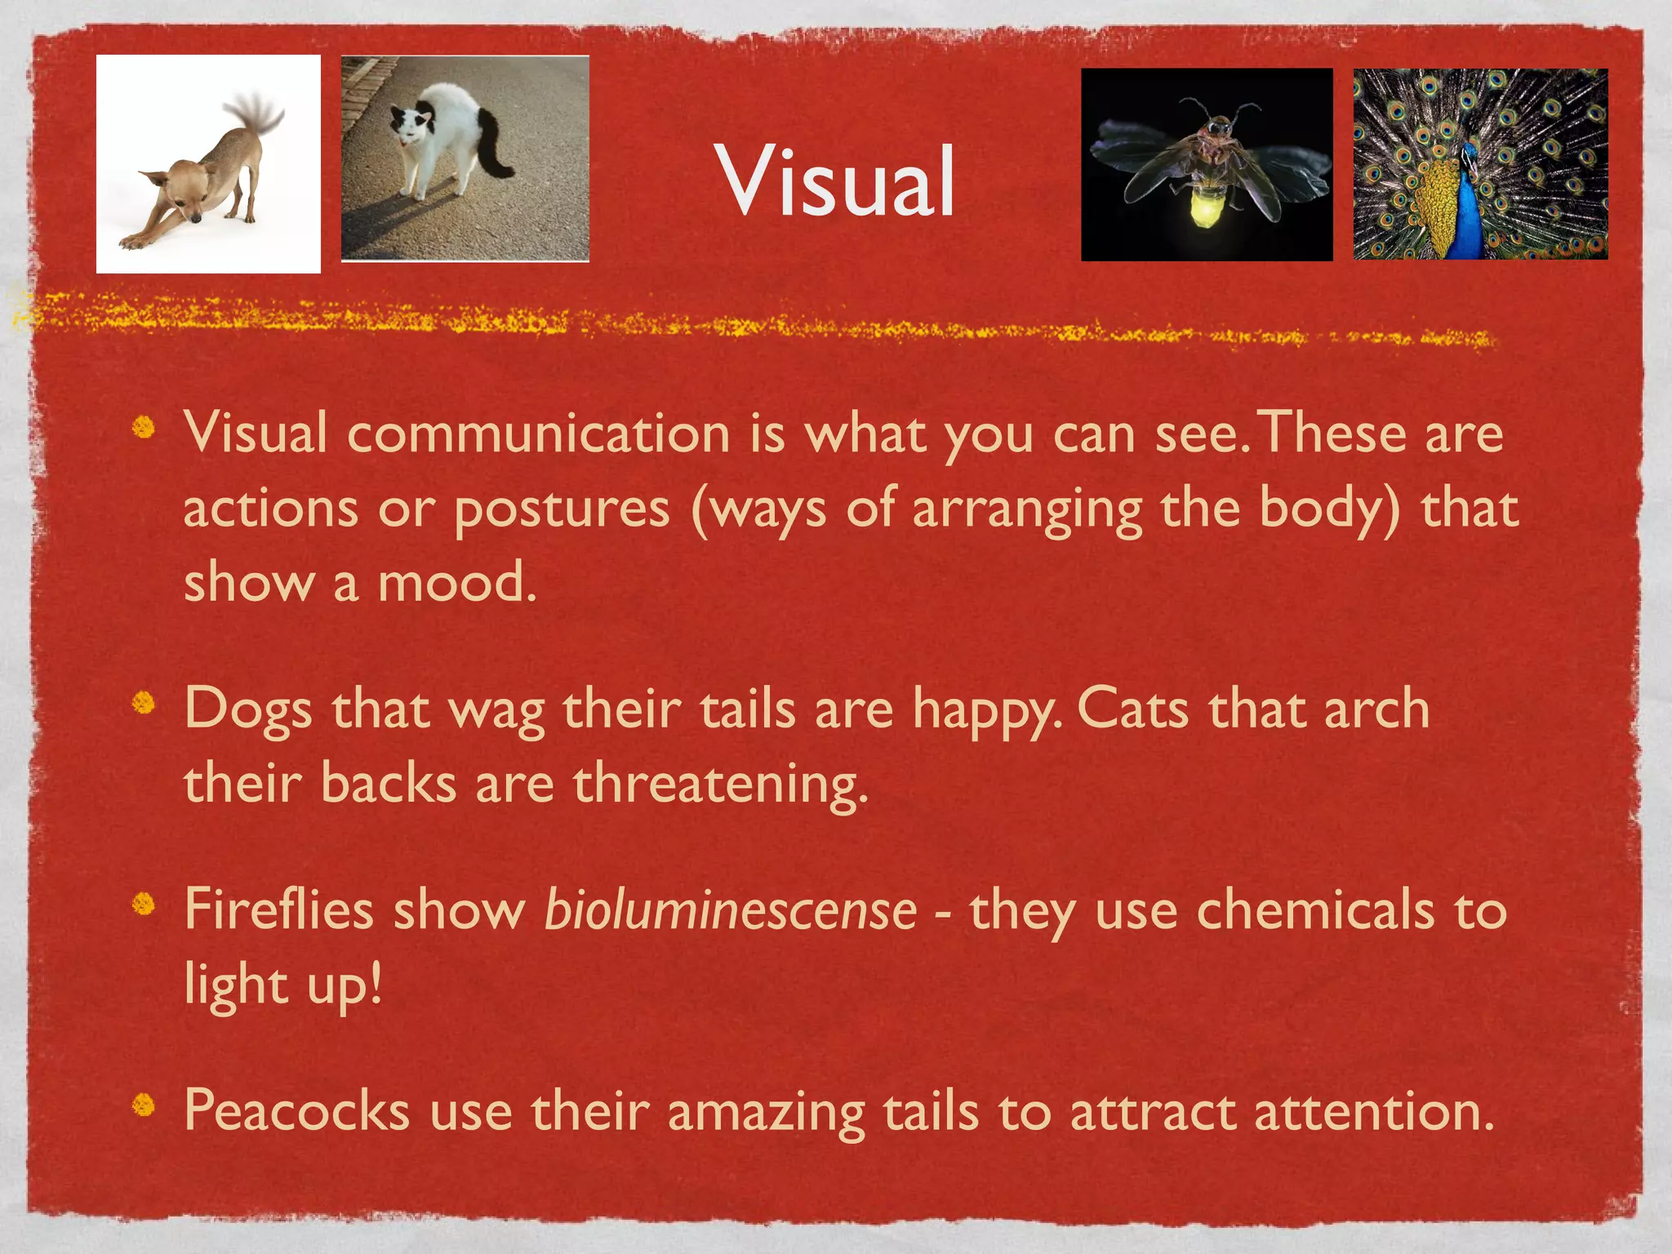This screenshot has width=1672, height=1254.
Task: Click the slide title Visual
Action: coord(836,181)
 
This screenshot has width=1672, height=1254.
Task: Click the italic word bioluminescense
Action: coord(730,909)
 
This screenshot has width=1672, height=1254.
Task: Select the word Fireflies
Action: coord(278,909)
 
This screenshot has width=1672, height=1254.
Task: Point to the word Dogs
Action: coord(248,709)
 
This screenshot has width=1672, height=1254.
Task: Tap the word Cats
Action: coord(1132,709)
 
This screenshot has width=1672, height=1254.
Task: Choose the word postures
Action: coord(562,509)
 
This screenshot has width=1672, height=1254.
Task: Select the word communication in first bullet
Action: coord(538,433)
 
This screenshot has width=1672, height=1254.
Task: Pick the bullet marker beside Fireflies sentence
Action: coord(144,904)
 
